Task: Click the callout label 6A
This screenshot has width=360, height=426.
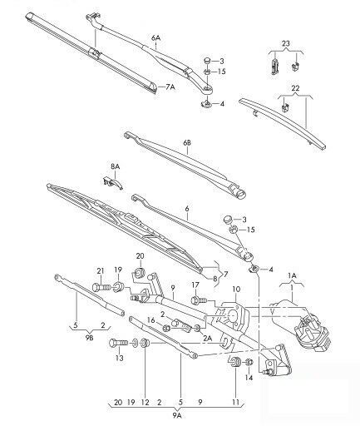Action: coord(155,38)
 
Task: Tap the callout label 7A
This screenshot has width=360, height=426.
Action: coord(170,87)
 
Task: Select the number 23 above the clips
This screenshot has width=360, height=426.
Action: coord(286,43)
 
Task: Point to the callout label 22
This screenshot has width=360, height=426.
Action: coord(295,88)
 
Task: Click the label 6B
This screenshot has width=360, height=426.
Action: coord(187,143)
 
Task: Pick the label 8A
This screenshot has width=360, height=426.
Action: coord(116,166)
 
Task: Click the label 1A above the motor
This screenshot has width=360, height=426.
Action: coord(292,275)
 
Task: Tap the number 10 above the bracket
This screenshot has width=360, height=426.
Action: coord(236,290)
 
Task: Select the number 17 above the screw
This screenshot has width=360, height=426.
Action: coord(195,285)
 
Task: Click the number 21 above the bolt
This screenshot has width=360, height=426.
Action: coord(101,270)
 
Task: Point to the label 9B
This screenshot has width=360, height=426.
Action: coord(89,339)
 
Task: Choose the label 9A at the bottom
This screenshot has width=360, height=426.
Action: coord(177,415)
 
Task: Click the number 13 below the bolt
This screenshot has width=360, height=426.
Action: coord(119,358)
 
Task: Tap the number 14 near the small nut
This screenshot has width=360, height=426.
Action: coord(249,378)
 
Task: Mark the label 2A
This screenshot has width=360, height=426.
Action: coord(207,338)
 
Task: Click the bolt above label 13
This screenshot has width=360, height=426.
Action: coord(119,344)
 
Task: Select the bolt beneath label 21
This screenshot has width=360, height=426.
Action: coord(101,287)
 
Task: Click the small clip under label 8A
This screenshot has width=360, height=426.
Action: coord(112,183)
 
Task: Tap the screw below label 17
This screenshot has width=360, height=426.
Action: coord(199,300)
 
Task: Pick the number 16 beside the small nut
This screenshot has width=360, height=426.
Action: coord(150,320)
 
